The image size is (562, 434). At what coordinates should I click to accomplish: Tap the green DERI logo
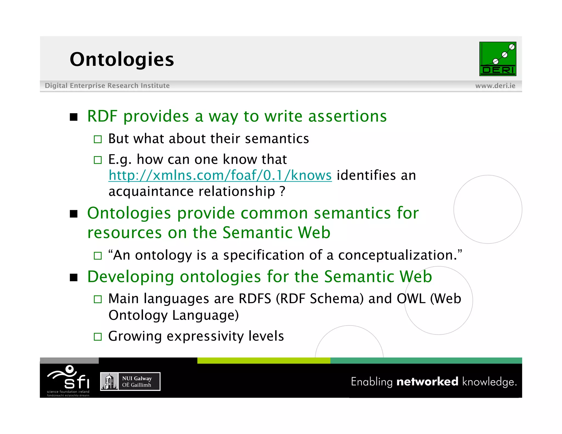click(498, 59)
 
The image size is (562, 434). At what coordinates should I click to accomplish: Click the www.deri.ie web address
click(495, 86)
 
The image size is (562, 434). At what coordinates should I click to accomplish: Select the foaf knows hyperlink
click(220, 175)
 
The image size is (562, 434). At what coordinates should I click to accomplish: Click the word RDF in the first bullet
click(102, 116)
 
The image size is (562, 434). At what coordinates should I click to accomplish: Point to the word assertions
click(347, 116)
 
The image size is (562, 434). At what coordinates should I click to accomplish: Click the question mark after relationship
click(282, 191)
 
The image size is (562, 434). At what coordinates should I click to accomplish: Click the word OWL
click(411, 298)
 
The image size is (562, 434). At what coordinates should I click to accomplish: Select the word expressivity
click(205, 336)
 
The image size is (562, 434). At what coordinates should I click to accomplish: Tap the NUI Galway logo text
click(137, 382)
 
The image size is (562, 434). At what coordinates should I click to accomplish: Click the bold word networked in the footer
click(427, 382)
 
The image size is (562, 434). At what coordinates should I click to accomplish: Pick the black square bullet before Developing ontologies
click(74, 277)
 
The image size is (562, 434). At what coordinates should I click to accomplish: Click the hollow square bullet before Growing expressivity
click(98, 337)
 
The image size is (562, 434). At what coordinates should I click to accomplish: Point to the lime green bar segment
click(263, 360)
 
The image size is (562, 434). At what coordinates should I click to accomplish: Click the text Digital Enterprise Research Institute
click(107, 86)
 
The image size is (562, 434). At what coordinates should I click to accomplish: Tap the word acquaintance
click(151, 191)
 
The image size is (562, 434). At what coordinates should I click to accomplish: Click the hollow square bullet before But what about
click(98, 139)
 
